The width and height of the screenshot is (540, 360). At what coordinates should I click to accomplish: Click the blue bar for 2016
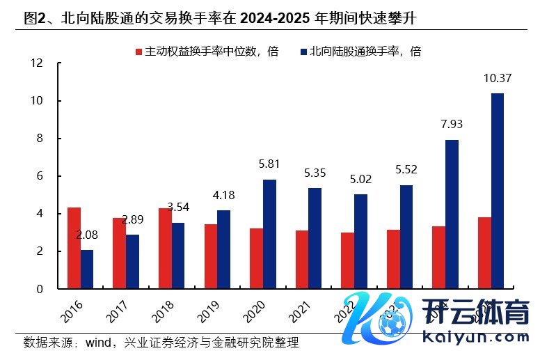[86, 269]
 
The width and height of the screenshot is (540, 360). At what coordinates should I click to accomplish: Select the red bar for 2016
[74, 248]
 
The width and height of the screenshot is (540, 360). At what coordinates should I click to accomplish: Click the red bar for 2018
[165, 249]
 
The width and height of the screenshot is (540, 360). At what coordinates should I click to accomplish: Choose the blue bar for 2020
[269, 234]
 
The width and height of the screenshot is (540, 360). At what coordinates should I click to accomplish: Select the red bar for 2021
[302, 259]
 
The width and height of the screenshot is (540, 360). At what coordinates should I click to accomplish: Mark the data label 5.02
[360, 180]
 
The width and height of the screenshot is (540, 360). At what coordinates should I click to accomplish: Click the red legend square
[138, 52]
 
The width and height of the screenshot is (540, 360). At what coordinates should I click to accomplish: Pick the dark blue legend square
[304, 52]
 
